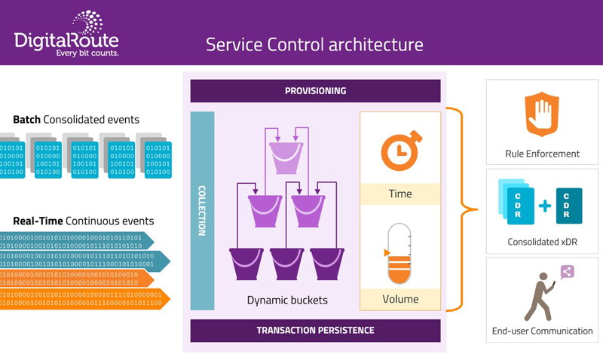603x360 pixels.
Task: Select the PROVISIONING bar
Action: pyautogui.click(x=315, y=91)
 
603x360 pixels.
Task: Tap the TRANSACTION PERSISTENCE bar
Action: pyautogui.click(x=315, y=330)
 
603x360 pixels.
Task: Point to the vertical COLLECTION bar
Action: pyautogui.click(x=202, y=211)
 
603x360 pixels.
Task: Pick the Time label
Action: pyautogui.click(x=399, y=194)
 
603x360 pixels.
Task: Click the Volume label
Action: pyautogui.click(x=399, y=298)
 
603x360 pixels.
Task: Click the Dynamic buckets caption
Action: pyautogui.click(x=287, y=300)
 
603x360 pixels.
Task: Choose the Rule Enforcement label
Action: pyautogui.click(x=543, y=154)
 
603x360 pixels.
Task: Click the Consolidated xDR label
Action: pyautogui.click(x=543, y=243)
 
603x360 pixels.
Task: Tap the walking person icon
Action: pyautogui.click(x=539, y=297)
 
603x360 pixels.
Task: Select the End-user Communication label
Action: pyautogui.click(x=543, y=331)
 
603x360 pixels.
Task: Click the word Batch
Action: pyautogui.click(x=27, y=120)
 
